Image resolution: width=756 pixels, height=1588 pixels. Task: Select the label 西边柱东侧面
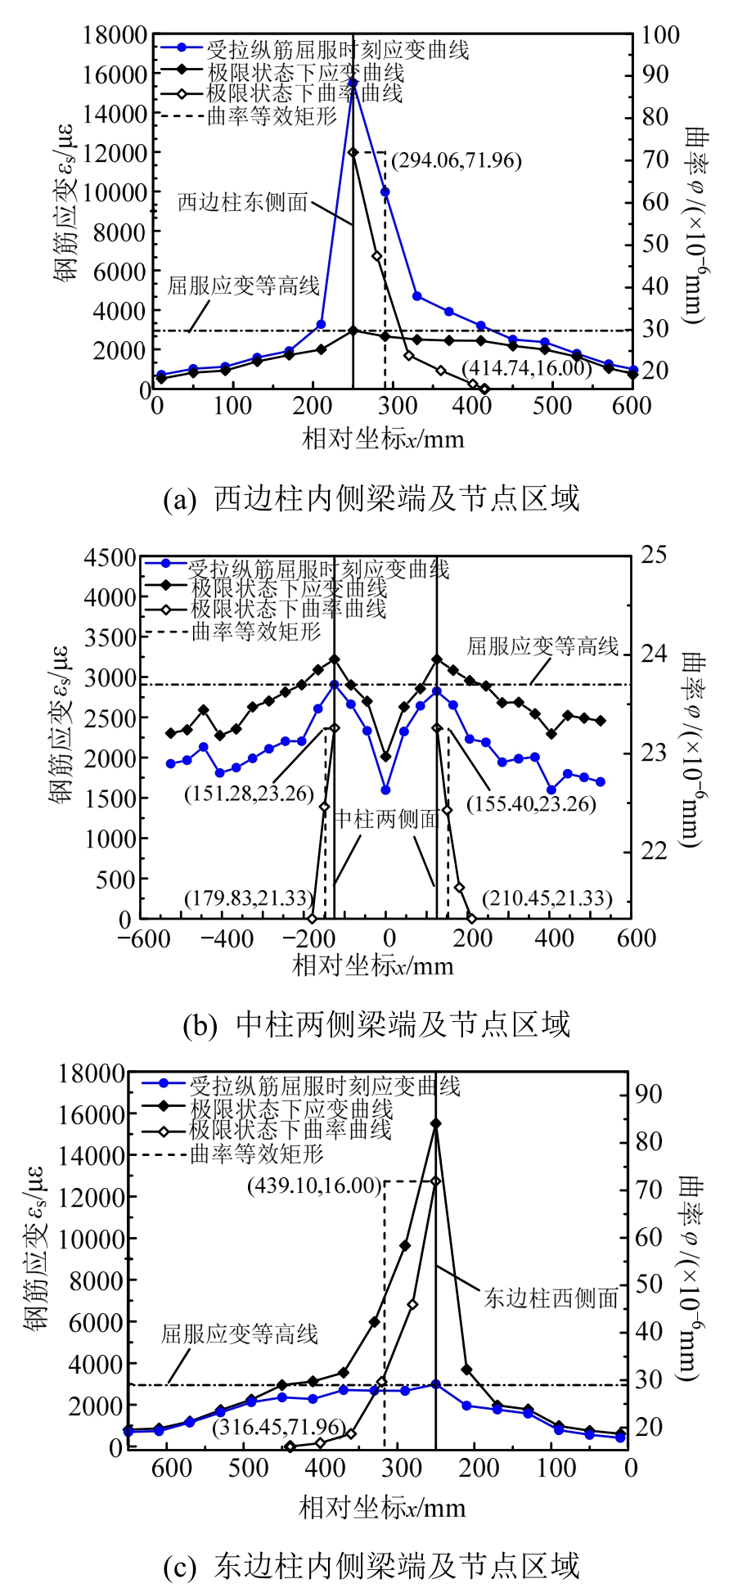[x=242, y=201]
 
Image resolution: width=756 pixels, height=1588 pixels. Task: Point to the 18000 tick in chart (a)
[x=115, y=35]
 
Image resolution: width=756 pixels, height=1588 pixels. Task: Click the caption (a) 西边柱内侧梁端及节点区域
[x=371, y=498]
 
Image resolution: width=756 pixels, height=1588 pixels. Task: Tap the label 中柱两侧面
[x=387, y=819]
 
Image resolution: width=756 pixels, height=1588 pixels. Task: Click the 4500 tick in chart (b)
[x=110, y=558]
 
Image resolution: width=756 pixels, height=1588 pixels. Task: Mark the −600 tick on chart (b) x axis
[x=144, y=938]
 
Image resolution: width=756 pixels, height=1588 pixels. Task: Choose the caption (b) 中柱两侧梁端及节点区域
[x=376, y=1024]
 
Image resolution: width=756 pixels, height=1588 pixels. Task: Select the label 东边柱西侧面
[x=551, y=1298]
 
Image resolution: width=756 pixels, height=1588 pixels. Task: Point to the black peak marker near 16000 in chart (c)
[x=435, y=1124]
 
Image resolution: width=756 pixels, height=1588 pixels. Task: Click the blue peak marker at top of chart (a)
[x=353, y=83]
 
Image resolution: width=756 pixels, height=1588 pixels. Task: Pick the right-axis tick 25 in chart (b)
[x=654, y=556]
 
